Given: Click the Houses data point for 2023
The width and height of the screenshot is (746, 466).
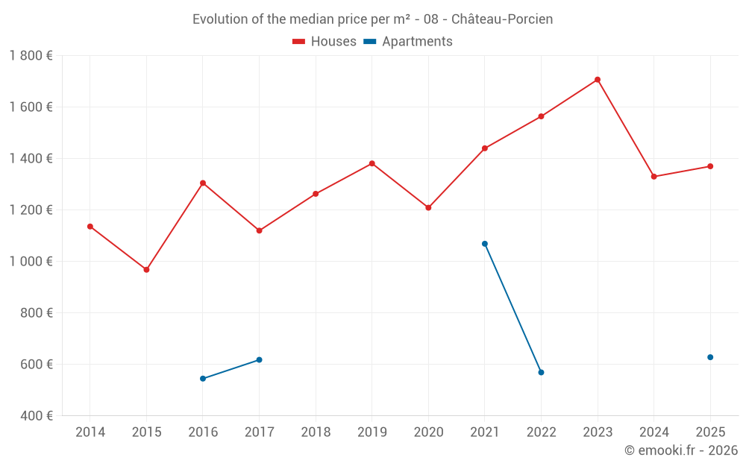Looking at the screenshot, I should click(x=598, y=80).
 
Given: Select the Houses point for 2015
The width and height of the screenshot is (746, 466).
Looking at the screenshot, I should click(x=146, y=270).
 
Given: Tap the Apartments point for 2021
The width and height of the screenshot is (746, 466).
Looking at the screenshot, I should click(x=485, y=244).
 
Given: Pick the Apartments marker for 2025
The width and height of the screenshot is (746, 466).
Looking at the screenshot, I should click(x=710, y=357).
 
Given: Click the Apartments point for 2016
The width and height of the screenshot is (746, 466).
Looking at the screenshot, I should click(x=203, y=379).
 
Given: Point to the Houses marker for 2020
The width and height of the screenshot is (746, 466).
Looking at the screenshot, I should click(x=428, y=208).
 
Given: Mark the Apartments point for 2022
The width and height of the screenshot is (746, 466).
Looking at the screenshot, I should click(x=541, y=372).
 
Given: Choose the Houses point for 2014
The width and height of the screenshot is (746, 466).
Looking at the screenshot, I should click(x=90, y=227).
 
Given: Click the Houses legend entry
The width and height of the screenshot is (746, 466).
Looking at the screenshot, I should click(x=325, y=42).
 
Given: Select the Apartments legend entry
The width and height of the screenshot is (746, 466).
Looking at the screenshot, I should click(x=409, y=42).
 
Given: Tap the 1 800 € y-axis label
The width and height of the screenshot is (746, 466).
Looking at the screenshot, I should click(x=31, y=56).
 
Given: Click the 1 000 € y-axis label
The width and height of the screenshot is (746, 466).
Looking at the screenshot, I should click(x=31, y=262).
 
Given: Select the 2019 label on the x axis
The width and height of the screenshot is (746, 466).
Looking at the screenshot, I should click(x=372, y=432).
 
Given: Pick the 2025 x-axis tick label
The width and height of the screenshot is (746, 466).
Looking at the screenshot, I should click(x=710, y=432).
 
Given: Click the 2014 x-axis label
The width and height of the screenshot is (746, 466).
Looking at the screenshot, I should click(x=90, y=432).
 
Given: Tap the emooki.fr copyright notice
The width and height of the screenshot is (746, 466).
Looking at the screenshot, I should click(x=680, y=450).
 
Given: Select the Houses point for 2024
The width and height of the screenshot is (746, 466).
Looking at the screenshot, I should click(x=654, y=177).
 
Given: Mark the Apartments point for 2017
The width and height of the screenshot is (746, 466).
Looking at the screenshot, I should click(x=259, y=360).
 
